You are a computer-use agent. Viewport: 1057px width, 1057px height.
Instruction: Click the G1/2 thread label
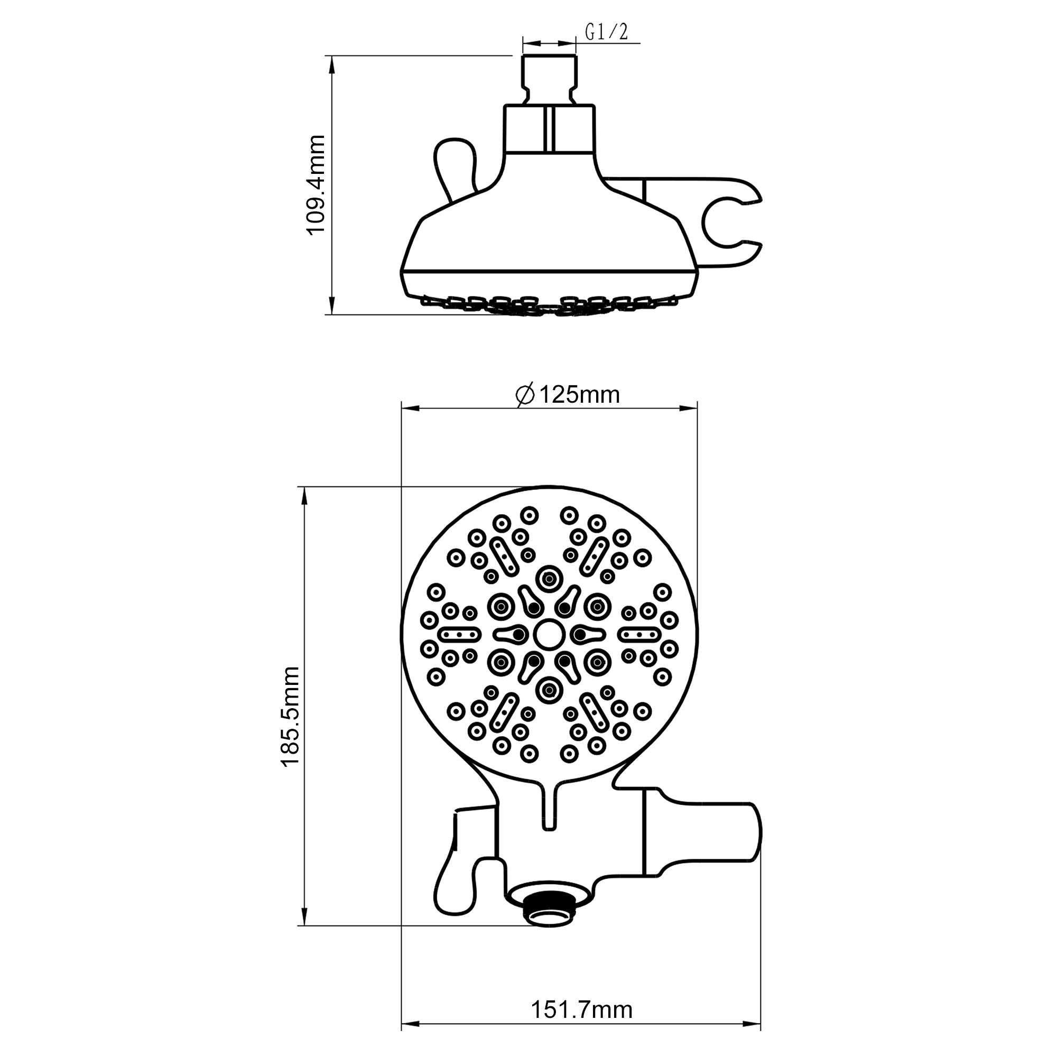pos(606,33)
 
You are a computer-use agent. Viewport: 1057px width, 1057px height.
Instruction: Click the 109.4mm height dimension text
pos(316,185)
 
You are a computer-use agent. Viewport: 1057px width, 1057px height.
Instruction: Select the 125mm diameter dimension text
pos(579,394)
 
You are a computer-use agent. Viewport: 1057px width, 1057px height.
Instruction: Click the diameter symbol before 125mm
pos(525,395)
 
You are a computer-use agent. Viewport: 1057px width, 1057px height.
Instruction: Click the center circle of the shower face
pos(549,634)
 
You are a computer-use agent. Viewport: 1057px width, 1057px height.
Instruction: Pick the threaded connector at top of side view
pos(549,77)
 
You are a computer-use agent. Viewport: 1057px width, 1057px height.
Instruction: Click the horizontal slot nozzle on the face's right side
pos(639,634)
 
